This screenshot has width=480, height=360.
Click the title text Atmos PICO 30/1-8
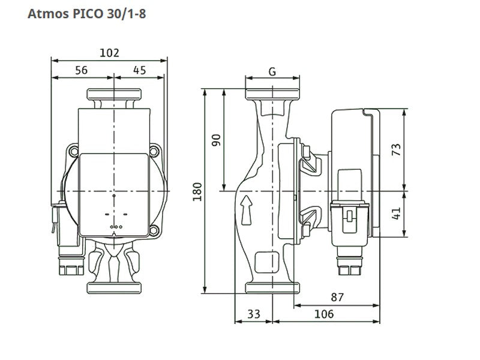point(86,14)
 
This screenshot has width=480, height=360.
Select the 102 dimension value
point(109,53)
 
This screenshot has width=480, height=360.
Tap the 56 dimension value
point(82,70)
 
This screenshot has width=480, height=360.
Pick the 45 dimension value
point(140,70)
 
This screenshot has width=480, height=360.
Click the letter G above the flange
point(272,71)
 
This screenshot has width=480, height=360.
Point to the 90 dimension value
point(216,140)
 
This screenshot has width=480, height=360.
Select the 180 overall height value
point(197,191)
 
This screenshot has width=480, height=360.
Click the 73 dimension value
point(396,149)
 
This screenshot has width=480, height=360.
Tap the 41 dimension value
point(396,214)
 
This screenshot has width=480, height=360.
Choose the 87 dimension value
point(337,297)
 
